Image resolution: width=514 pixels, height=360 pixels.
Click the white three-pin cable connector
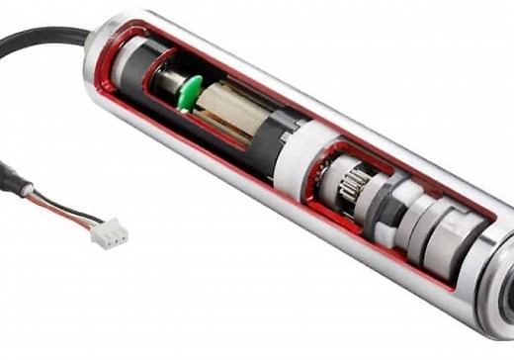pos(110,233)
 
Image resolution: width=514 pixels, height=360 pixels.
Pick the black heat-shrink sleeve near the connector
pos(12,183)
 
